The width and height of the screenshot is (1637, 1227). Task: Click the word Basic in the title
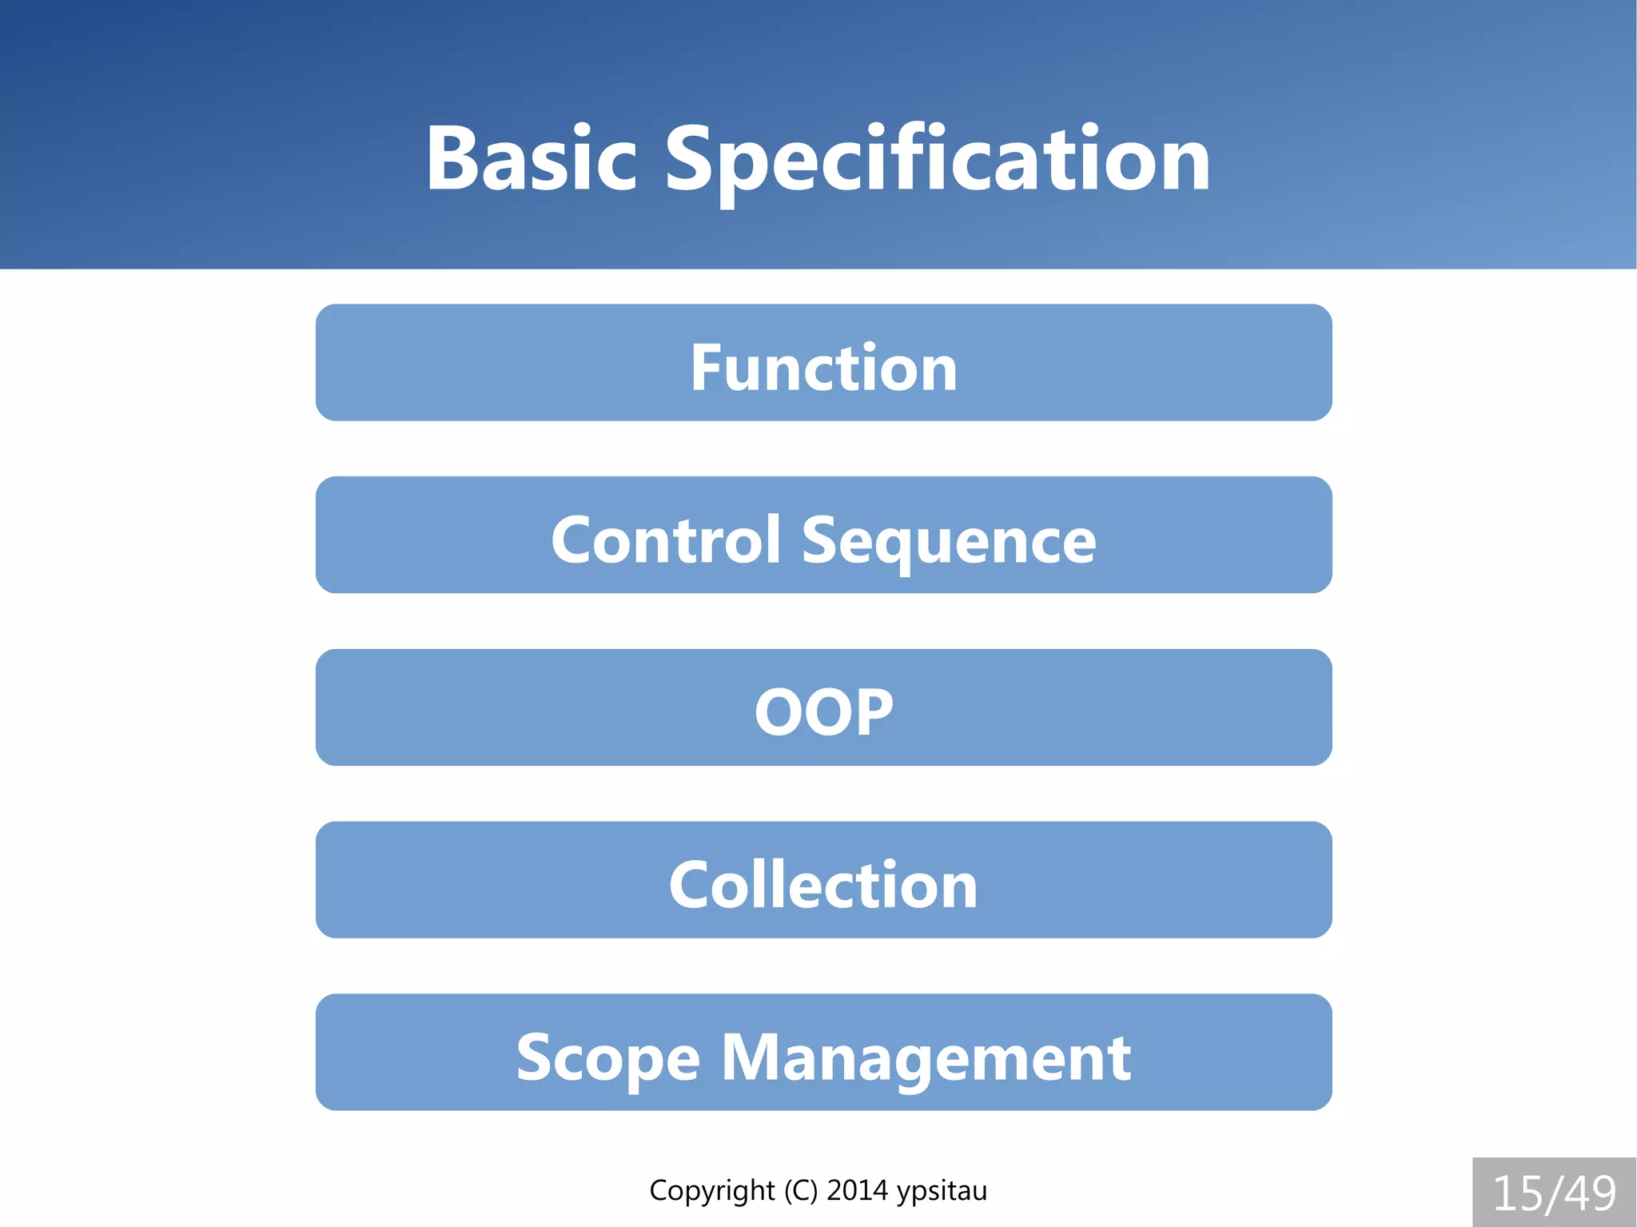coord(531,160)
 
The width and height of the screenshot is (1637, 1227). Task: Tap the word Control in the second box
coord(665,540)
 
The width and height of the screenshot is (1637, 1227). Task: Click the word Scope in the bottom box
coord(607,1058)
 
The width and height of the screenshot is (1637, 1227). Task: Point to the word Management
coord(926,1058)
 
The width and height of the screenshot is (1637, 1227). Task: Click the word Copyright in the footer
coord(711,1191)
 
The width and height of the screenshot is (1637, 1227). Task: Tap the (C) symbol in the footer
coord(800,1191)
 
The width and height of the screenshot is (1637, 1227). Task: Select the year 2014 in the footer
coord(857,1191)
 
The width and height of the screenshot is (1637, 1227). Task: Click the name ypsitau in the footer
coord(942,1191)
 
